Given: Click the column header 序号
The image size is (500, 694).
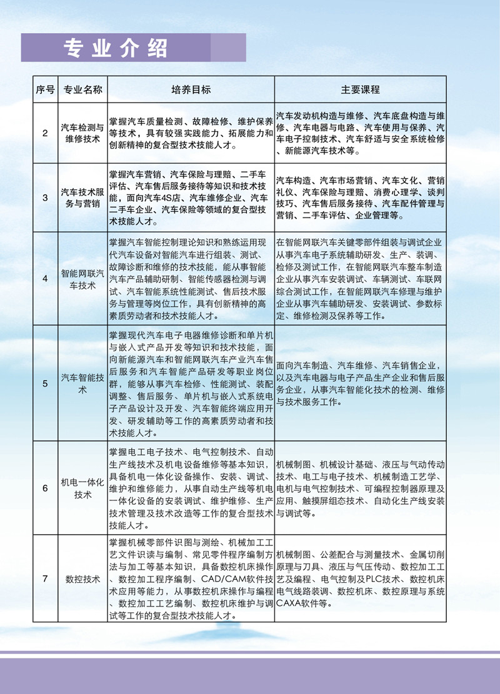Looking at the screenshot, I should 45,90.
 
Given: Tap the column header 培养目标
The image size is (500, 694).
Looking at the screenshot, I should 191,90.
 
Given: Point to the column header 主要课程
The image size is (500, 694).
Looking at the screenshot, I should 360,90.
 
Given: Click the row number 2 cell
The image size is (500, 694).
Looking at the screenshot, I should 45,134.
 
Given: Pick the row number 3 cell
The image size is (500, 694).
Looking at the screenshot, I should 45,198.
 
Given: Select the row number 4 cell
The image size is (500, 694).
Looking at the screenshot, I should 45,279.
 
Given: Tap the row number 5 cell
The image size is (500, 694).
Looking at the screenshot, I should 45,384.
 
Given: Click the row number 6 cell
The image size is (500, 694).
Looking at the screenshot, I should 45,488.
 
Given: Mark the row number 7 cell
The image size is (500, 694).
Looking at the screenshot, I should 45,579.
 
